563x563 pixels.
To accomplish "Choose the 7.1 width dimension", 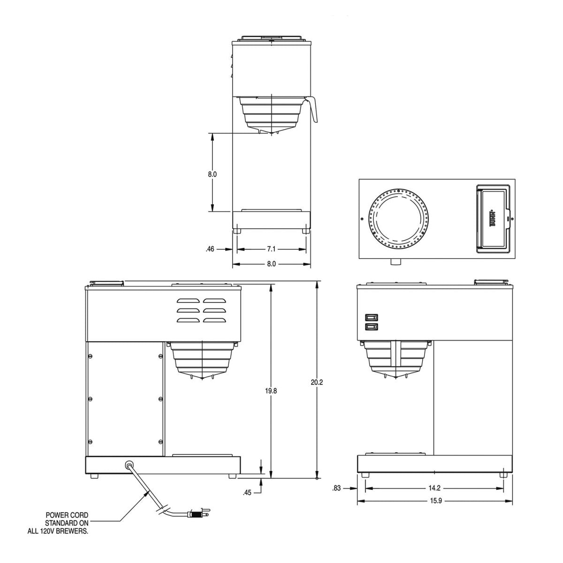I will [x=271, y=250].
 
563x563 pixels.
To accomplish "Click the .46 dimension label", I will [x=210, y=250].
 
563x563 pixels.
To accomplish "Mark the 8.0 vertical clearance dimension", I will [x=212, y=174].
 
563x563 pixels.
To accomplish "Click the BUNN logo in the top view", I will [x=493, y=219].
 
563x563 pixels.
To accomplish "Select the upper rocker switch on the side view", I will [x=371, y=317].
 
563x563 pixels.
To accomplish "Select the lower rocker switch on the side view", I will [x=371, y=327].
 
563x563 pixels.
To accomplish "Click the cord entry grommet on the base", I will [x=128, y=464].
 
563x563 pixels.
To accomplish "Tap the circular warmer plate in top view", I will [x=398, y=218].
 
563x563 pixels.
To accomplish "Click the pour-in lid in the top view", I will [x=492, y=219].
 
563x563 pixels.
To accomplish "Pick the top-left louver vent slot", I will [x=188, y=301].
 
